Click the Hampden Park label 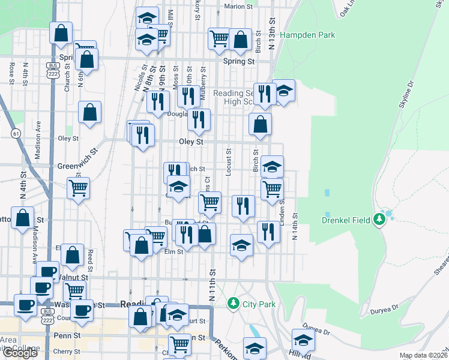[x=307, y=35]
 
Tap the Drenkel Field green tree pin [x=379, y=220]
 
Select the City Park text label [x=259, y=304]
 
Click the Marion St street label [x=238, y=7]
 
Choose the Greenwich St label [x=77, y=164]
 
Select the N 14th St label [x=295, y=227]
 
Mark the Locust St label [x=229, y=163]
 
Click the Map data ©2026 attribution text [x=424, y=355]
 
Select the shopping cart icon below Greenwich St [x=79, y=188]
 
